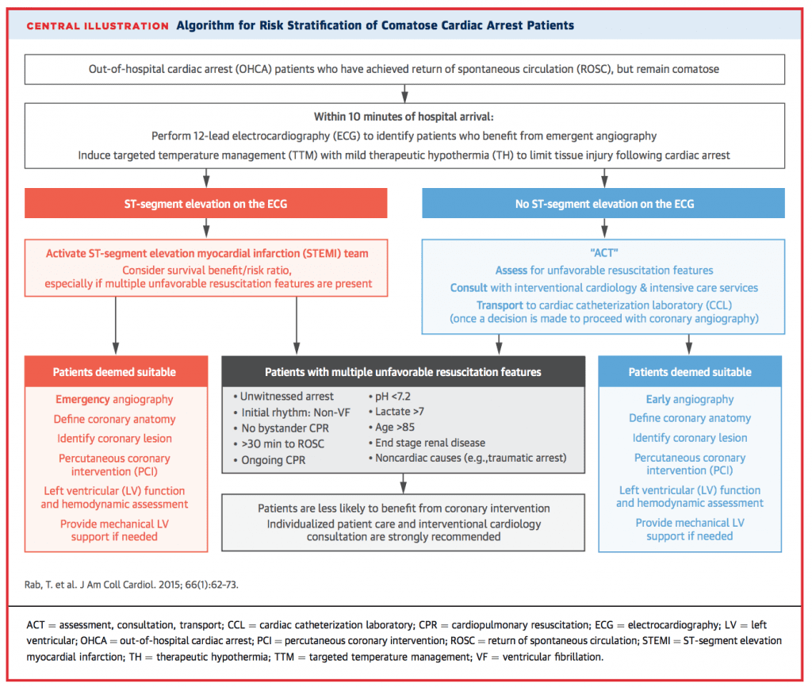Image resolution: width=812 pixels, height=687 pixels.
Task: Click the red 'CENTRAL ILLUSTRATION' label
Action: click(x=98, y=25)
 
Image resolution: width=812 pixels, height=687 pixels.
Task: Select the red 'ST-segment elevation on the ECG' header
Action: click(x=206, y=204)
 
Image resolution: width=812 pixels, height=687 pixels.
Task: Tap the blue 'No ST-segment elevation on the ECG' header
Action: click(x=604, y=204)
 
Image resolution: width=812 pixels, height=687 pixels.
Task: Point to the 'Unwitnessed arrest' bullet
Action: click(x=283, y=396)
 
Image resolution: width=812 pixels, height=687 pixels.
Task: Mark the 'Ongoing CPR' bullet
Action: click(x=270, y=460)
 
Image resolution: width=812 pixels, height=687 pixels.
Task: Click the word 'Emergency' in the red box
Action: click(x=82, y=400)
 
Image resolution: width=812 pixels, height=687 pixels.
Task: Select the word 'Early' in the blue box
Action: click(x=657, y=400)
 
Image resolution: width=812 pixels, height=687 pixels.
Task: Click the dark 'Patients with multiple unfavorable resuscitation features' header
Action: click(x=404, y=371)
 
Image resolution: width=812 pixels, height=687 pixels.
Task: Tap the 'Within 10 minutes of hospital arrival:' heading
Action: click(x=404, y=117)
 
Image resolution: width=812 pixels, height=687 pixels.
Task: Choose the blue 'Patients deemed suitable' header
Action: click(x=690, y=371)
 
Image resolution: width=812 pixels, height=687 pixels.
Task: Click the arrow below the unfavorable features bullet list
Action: click(x=404, y=482)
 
